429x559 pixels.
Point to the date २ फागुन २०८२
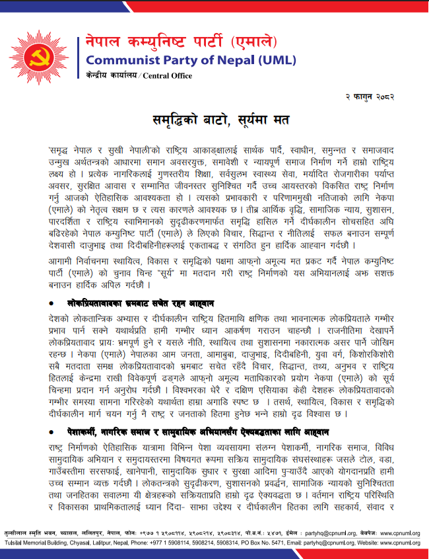(370, 96)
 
